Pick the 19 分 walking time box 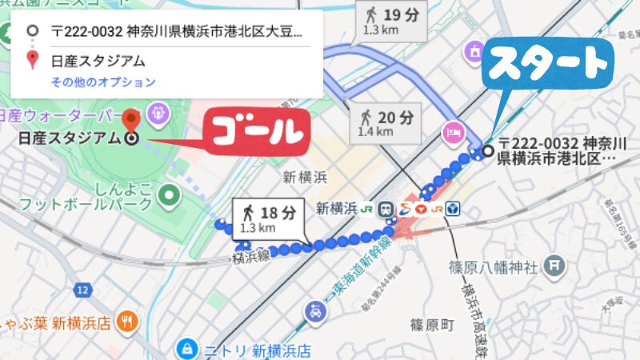tap(392, 21)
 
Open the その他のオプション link tap(103, 82)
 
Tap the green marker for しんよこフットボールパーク tap(168, 194)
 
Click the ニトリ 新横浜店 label tap(257, 350)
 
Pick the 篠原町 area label tap(431, 325)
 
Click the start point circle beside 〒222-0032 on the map tap(488, 150)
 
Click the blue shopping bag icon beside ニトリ tap(186, 349)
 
